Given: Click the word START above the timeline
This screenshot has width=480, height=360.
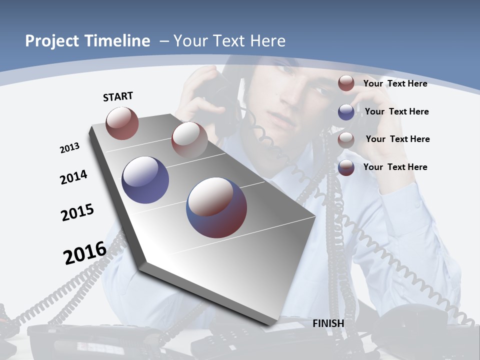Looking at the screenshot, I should [118, 96].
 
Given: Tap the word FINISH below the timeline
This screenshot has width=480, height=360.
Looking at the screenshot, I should [328, 323].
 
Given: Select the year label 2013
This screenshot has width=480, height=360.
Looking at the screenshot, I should [69, 147].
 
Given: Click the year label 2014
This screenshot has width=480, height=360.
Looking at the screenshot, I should [73, 177].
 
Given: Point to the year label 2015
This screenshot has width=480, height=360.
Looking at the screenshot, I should [77, 212].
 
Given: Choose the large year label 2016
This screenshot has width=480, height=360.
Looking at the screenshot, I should [85, 253].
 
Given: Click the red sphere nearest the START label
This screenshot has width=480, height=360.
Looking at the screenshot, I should [122, 123].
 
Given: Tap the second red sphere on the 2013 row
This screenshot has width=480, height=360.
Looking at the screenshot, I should [189, 139].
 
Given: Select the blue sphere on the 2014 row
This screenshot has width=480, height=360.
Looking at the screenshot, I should [145, 179].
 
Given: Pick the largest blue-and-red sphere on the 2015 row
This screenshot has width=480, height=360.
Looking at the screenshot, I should [216, 207].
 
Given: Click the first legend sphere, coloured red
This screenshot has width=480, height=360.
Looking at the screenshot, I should [346, 83].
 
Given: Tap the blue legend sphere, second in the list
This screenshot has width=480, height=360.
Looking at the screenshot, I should [346, 112].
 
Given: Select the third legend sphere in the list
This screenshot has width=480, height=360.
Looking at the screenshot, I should [346, 140].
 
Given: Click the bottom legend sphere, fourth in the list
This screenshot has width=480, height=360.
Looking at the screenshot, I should [346, 167].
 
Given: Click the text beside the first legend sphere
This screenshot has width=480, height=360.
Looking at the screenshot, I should [395, 83].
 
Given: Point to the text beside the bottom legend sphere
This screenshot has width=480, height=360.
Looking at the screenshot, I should [395, 167].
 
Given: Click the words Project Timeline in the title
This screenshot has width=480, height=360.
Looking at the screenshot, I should [87, 41].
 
